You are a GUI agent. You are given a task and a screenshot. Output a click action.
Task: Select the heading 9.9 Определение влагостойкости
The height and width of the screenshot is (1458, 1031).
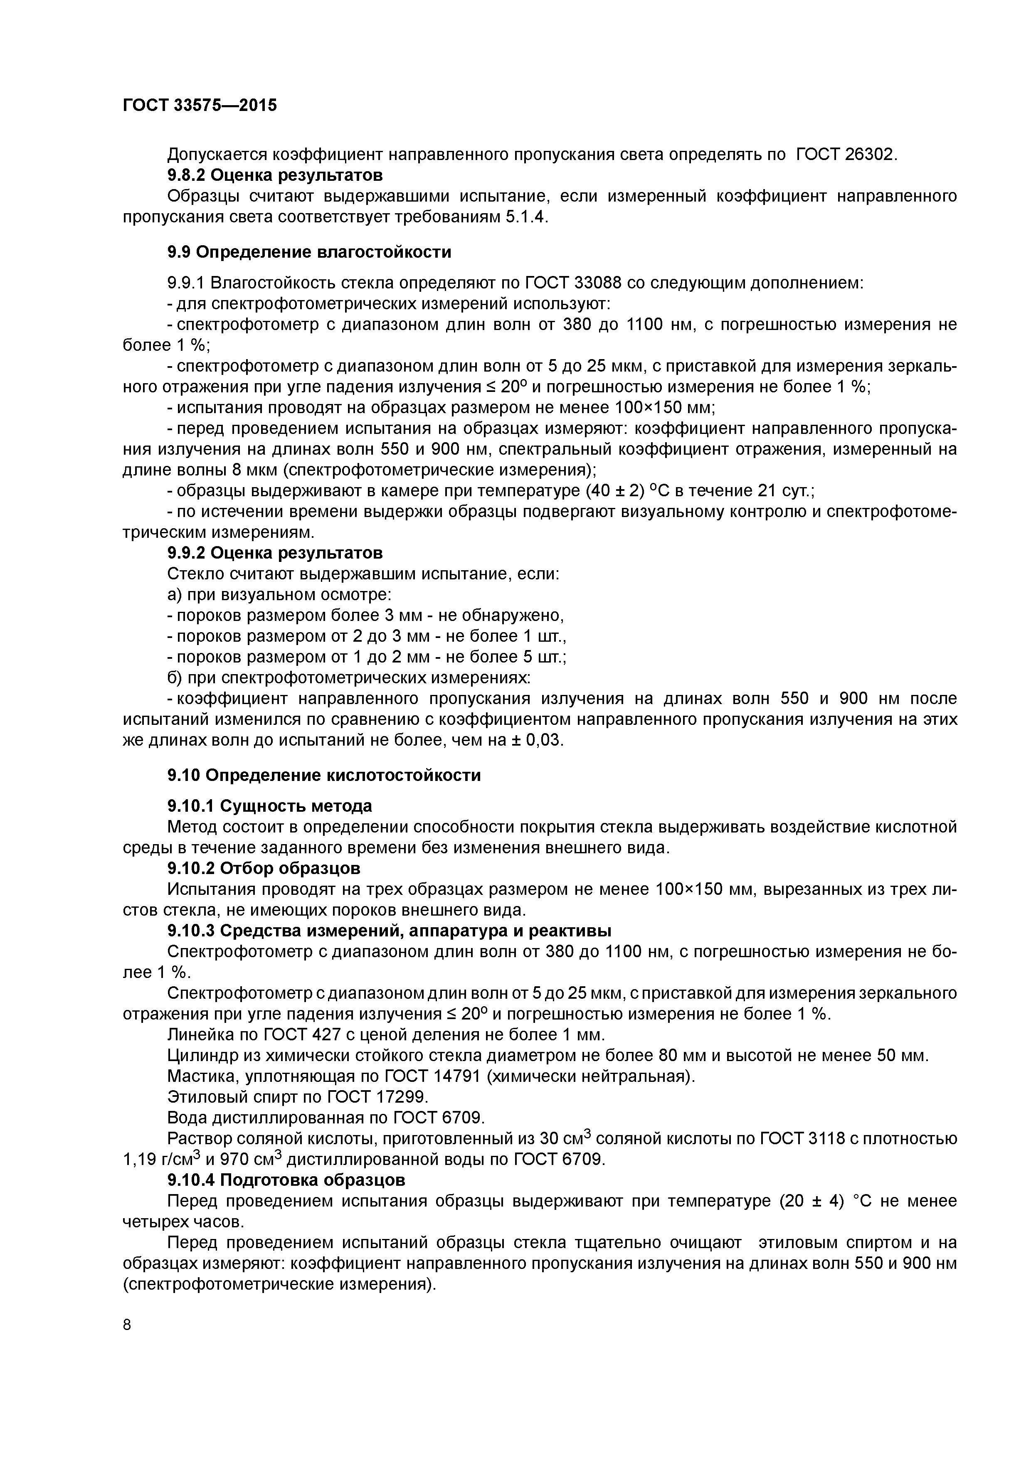pos(309,252)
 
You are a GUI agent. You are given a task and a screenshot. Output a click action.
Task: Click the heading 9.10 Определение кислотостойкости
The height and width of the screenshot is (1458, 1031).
pos(323,776)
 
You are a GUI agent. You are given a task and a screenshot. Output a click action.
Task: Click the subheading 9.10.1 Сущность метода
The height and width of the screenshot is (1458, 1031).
pos(269,806)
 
